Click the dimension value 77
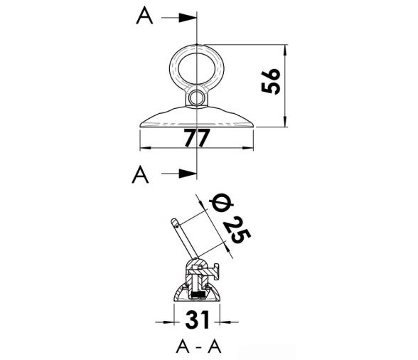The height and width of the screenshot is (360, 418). [x=198, y=138]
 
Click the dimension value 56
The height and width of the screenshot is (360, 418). [x=271, y=81]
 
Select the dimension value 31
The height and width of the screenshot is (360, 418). [x=198, y=320]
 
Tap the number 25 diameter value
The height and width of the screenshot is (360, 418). [x=237, y=231]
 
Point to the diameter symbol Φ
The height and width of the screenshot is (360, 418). [x=221, y=203]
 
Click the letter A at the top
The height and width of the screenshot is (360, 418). [x=144, y=16]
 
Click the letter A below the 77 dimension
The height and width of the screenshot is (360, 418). [x=140, y=174]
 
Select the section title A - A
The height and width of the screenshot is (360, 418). [x=198, y=346]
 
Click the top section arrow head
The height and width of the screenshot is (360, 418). [x=188, y=18]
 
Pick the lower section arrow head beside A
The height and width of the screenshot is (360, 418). [x=188, y=174]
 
